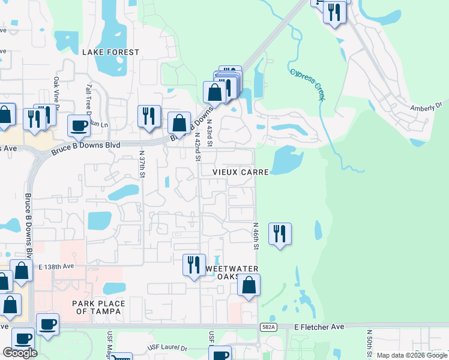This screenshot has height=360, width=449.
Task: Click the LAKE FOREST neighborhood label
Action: point(110,53)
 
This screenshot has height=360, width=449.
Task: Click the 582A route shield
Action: point(269,326)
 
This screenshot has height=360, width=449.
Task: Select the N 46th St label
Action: point(255,236)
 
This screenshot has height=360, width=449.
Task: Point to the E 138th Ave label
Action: point(56,266)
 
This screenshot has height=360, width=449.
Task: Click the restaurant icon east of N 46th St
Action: point(279,232)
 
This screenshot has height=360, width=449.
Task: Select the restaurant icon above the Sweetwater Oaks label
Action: point(193,263)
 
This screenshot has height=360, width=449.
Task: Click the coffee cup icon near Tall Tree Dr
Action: point(79,124)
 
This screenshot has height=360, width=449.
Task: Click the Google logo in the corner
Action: point(20,352)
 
